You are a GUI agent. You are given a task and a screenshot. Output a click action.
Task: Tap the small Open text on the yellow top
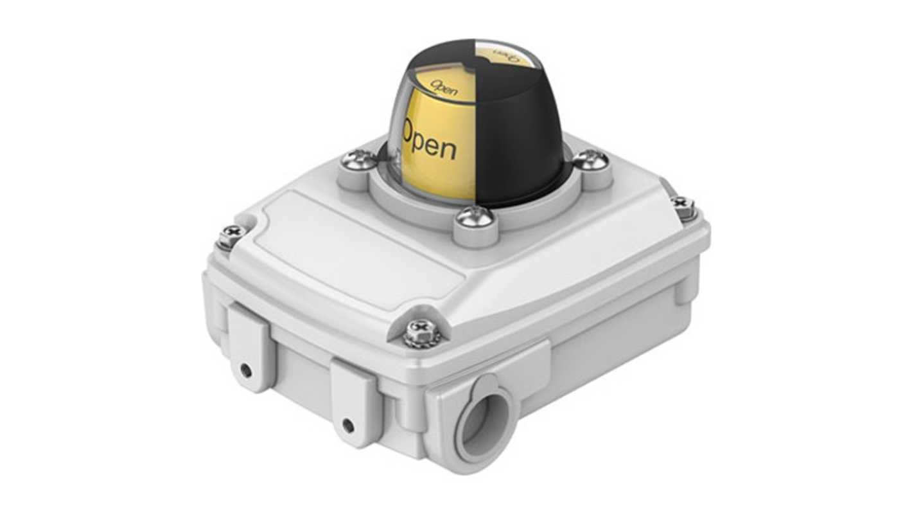tap(444, 87)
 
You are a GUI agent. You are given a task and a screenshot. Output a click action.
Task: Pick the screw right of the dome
tap(591, 159)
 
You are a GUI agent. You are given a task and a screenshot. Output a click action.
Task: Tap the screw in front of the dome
tap(476, 217)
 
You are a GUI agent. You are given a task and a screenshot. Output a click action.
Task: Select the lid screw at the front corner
tap(422, 332)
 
